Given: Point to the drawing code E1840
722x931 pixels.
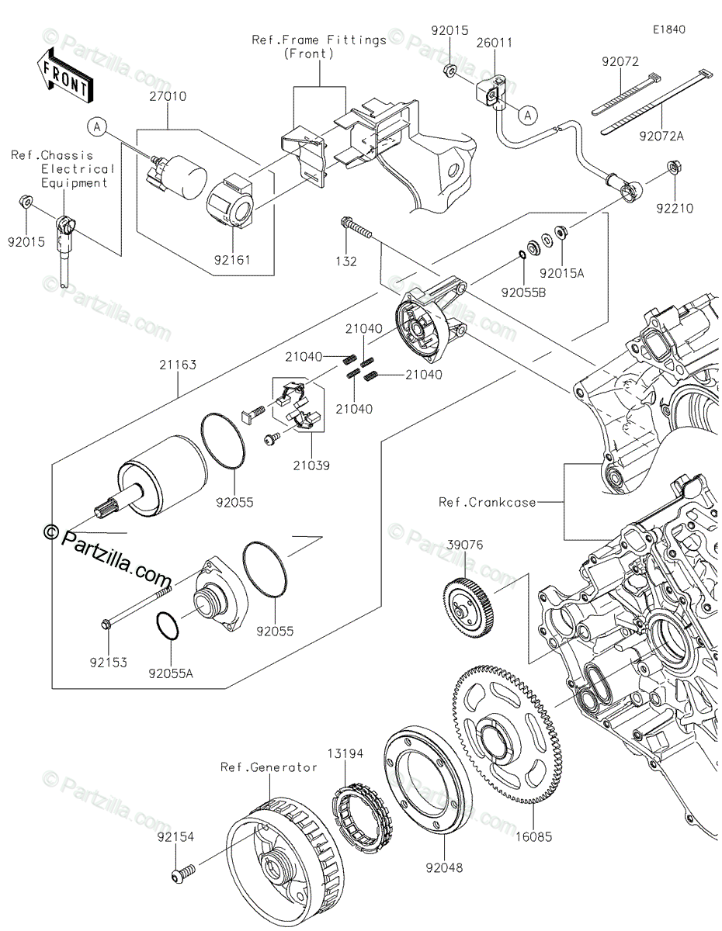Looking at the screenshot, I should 668,30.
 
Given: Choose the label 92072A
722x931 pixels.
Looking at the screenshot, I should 662,136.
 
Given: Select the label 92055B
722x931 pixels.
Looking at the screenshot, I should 522,293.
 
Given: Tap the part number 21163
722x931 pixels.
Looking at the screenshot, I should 179,363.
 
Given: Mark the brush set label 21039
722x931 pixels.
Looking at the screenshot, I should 312,466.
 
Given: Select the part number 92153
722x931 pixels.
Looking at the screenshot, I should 109,663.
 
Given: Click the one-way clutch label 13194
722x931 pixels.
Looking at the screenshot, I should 345,753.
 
